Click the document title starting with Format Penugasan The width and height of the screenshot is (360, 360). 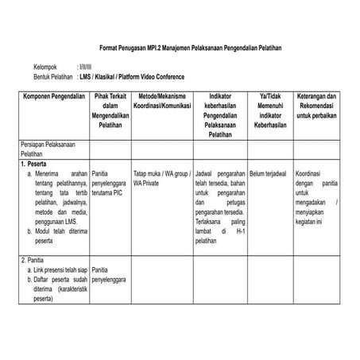(x=180, y=48)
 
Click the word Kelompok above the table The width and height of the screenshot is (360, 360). (x=47, y=68)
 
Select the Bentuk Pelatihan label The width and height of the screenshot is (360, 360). (x=53, y=77)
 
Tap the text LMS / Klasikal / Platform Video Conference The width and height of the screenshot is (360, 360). (x=132, y=77)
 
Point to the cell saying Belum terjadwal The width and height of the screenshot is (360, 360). (x=268, y=172)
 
